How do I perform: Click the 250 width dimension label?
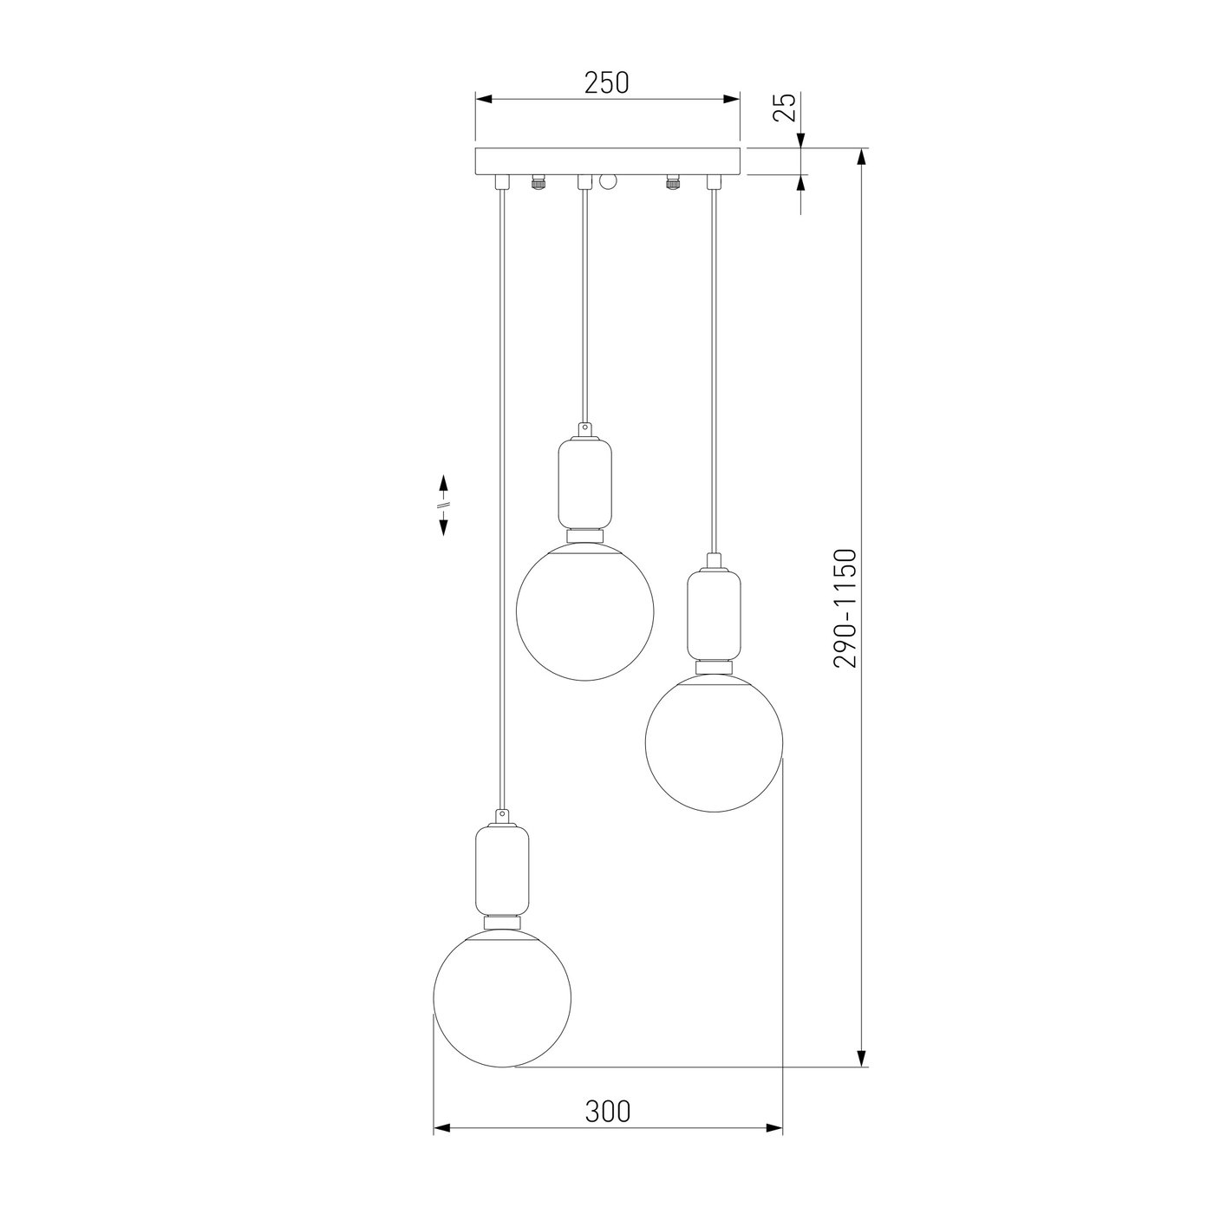[607, 82]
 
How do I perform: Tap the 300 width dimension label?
[607, 1112]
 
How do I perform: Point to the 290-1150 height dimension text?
[845, 608]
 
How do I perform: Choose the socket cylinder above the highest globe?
[584, 484]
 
